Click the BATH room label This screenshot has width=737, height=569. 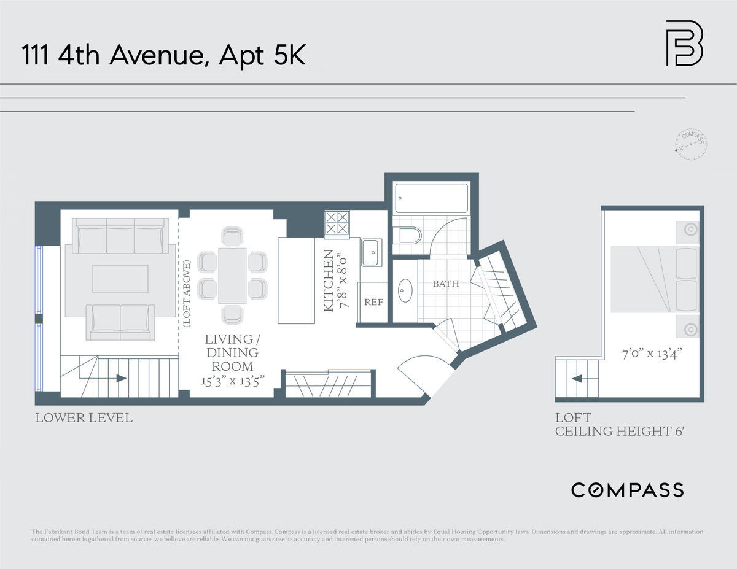point(446,284)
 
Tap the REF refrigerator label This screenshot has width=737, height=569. point(374,302)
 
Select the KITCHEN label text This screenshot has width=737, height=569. point(329,281)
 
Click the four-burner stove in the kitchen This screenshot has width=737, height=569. point(337,223)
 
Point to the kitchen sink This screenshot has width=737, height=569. point(372,252)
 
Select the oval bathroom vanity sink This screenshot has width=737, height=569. point(405,290)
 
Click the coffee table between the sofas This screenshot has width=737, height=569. point(120,279)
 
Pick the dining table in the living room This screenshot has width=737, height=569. point(232,276)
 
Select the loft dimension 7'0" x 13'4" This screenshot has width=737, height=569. point(652,354)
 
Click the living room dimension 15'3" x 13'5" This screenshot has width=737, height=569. point(232,381)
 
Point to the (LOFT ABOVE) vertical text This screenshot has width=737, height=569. point(187,293)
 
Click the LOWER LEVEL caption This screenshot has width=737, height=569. point(84,418)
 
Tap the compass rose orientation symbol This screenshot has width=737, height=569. point(691,144)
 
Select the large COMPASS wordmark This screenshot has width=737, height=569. point(628,490)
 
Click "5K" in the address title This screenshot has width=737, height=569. point(289,55)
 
